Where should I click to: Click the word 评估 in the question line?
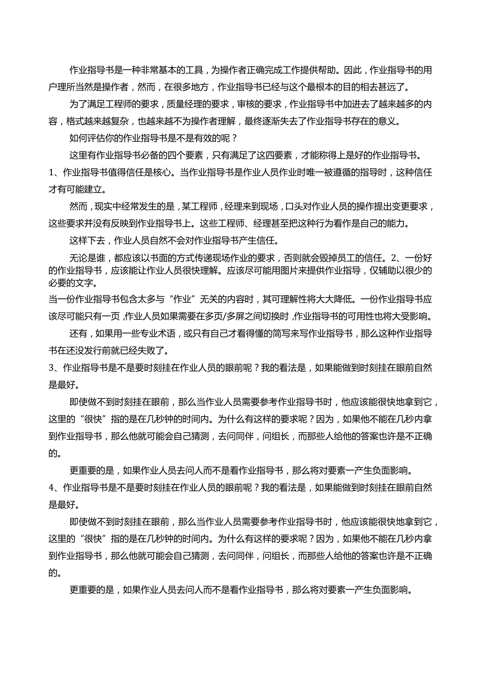[98, 138]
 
